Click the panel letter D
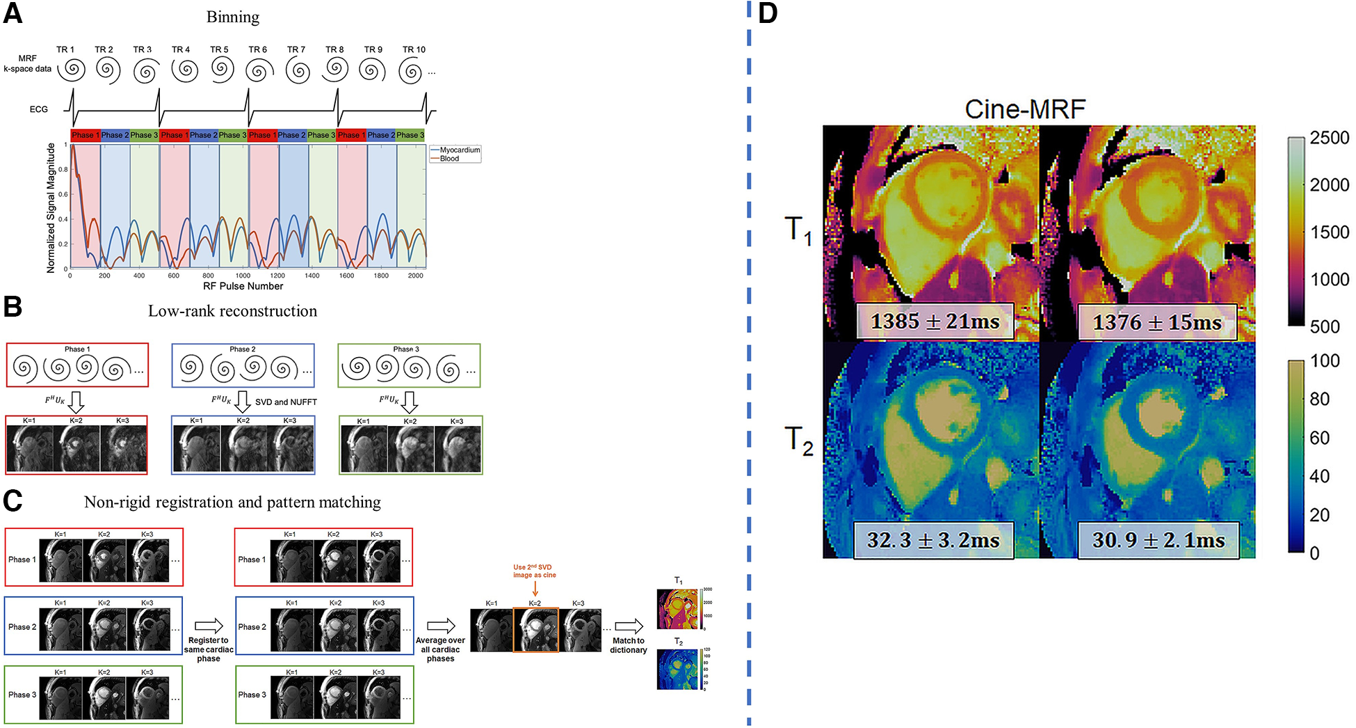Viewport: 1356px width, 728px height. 768,14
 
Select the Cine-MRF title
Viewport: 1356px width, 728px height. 1024,109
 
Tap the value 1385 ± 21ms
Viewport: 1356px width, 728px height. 935,322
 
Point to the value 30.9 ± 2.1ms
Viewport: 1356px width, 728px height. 1158,540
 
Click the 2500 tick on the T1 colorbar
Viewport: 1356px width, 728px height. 1329,138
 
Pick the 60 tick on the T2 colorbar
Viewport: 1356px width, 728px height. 1319,438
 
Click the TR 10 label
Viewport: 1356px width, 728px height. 414,49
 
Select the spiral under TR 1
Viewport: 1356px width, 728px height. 72,70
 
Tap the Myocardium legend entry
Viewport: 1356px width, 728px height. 459,150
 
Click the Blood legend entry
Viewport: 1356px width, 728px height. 449,159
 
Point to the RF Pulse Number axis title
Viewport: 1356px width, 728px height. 243,286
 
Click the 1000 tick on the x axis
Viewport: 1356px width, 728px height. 243,276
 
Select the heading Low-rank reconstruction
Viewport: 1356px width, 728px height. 232,311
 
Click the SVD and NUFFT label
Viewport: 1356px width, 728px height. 286,402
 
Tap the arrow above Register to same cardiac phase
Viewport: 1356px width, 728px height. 209,626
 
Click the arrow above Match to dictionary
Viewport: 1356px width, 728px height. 629,626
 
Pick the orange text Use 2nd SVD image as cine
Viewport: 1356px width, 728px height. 534,571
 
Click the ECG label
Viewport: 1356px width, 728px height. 39,109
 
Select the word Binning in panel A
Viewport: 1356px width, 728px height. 232,17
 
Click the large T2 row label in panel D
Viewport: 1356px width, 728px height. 798,441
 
